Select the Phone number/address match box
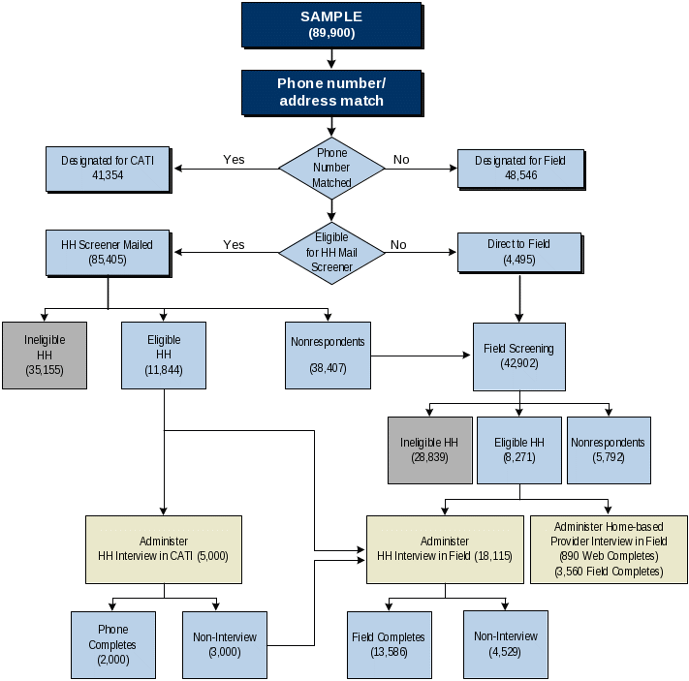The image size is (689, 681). [331, 92]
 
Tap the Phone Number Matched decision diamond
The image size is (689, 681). [331, 168]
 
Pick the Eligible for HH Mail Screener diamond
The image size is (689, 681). [331, 253]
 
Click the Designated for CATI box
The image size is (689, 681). [108, 168]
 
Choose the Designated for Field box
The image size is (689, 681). [521, 168]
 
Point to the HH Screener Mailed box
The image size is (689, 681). [108, 253]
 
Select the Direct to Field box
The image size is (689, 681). [518, 253]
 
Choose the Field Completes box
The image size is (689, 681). [387, 644]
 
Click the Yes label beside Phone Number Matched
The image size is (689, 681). [234, 160]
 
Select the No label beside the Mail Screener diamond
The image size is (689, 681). [398, 245]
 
